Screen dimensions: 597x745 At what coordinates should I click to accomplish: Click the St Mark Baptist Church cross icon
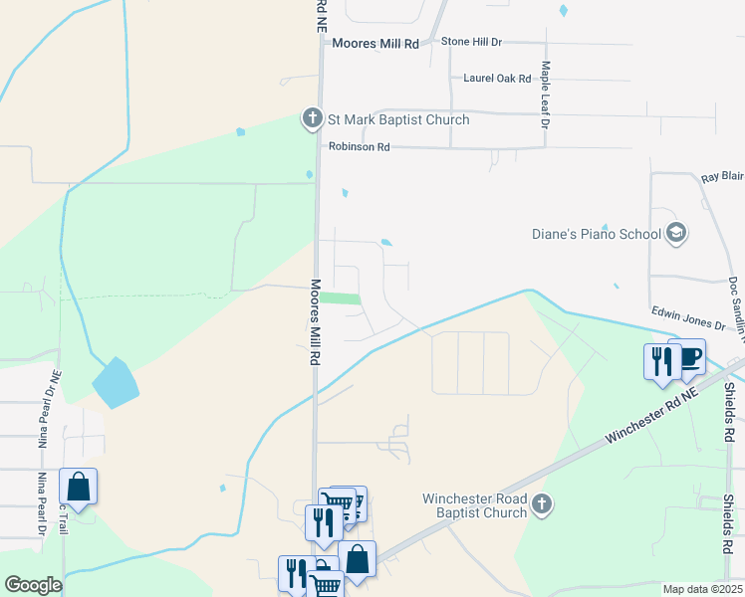313,119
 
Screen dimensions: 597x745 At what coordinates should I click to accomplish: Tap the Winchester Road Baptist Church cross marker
541,503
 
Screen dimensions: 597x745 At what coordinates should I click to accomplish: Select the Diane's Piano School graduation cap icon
676,234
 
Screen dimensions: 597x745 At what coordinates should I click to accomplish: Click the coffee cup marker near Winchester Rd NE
686,357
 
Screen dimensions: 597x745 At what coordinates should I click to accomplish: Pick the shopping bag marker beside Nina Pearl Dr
78,488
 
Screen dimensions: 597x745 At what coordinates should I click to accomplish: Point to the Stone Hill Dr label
473,43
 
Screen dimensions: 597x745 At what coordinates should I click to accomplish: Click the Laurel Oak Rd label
497,78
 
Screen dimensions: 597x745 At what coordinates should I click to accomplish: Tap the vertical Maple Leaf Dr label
545,95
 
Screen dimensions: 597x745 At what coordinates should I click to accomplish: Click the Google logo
33,585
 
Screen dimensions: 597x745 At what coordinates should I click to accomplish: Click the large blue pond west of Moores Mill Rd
114,383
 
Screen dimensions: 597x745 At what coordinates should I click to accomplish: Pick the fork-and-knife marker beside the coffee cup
661,361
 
